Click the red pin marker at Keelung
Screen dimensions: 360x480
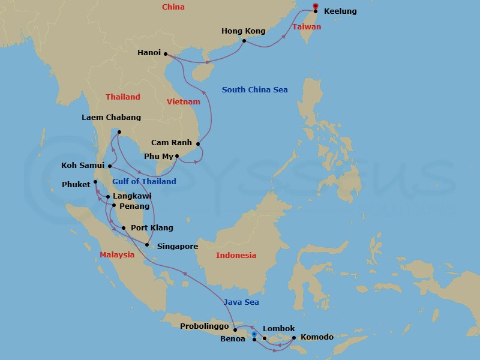[316, 7]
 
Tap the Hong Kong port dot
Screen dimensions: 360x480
[244, 41]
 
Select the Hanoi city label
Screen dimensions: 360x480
[149, 53]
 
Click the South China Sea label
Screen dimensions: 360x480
[254, 90]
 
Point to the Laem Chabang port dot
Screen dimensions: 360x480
[119, 132]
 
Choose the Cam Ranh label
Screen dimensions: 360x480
[172, 143]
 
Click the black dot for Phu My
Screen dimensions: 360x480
[176, 156]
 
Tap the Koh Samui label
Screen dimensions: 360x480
[83, 165]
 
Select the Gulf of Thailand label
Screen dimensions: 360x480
[144, 182]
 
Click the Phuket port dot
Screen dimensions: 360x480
[95, 182]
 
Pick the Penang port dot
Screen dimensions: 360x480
[113, 205]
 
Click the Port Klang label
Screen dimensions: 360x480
[152, 228]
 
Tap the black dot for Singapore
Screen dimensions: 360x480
[147, 244]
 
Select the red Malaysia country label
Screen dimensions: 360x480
[117, 254]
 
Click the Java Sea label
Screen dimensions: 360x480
[241, 302]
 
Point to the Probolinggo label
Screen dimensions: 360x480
[205, 326]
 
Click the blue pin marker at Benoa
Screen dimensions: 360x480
[254, 334]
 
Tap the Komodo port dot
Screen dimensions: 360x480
[293, 337]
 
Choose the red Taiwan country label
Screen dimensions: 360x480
[307, 27]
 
